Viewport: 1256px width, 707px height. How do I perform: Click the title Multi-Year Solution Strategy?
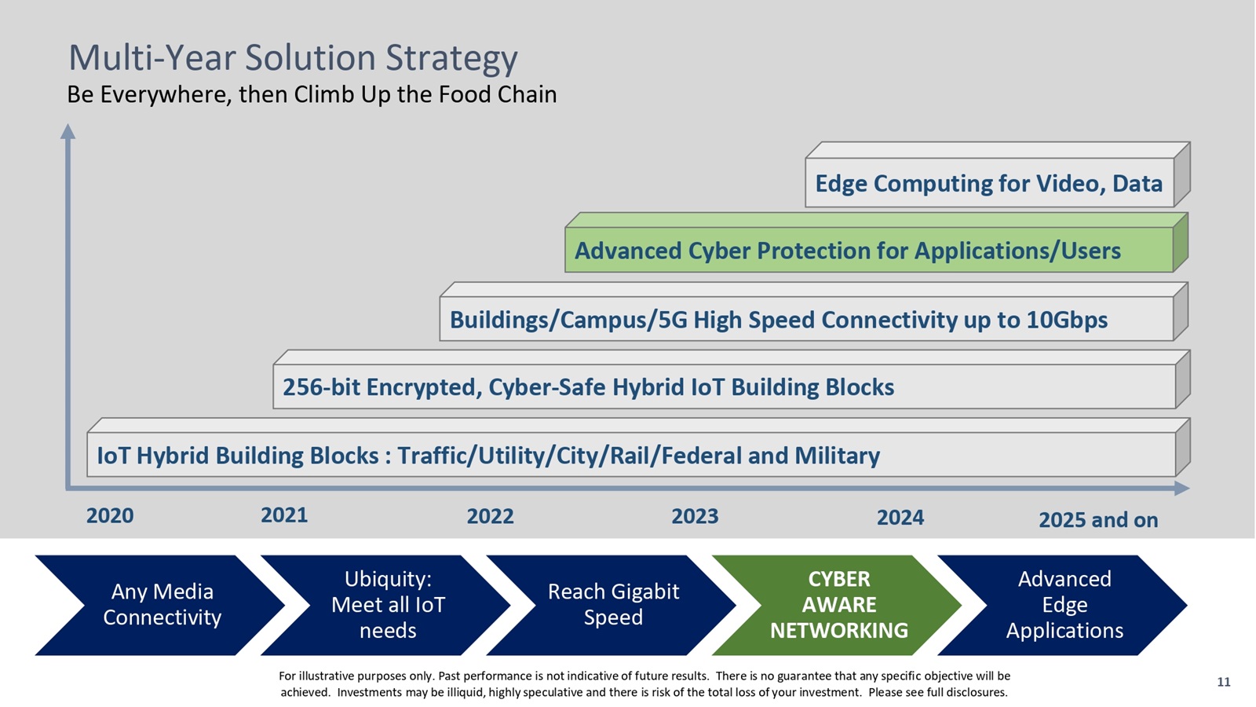[293, 58]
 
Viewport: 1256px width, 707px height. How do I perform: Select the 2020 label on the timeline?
[110, 516]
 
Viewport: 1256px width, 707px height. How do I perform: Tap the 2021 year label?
[284, 515]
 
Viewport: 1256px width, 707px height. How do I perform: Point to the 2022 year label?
[490, 516]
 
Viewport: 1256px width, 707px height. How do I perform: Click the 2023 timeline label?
[695, 516]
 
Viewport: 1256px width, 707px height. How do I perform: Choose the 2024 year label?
[900, 518]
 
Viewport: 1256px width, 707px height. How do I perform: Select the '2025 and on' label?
[1098, 520]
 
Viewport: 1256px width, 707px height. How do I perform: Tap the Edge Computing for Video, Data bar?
[989, 184]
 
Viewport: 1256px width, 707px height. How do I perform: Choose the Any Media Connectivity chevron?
[162, 605]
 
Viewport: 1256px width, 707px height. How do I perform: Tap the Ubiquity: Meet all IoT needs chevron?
[388, 605]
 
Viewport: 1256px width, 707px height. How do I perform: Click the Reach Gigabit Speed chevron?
[613, 605]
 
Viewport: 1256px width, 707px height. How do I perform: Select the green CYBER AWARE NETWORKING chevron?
[838, 605]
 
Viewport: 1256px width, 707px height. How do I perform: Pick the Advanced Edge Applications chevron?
[1064, 605]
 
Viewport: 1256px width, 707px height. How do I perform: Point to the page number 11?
[1223, 682]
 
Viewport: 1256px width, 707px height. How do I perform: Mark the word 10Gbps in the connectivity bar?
[1067, 320]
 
